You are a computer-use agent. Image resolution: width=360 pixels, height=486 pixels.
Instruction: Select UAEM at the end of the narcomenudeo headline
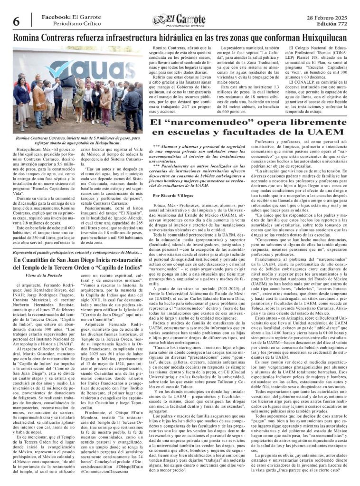click(x=326, y=131)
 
